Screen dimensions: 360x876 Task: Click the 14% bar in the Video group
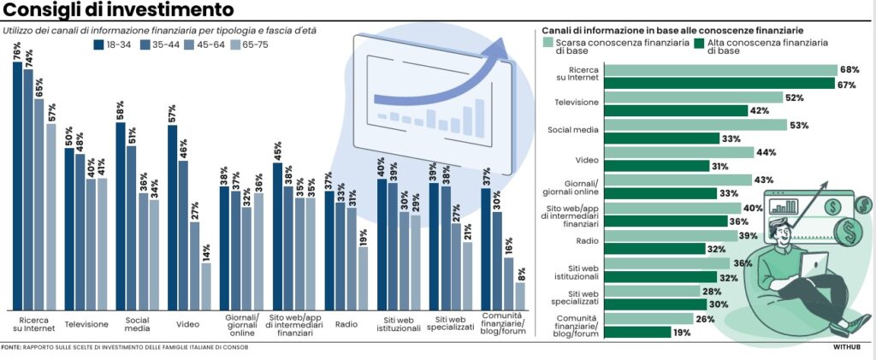[x=206, y=286]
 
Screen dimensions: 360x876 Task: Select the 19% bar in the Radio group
[x=363, y=278]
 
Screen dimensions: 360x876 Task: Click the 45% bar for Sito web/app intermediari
[x=278, y=236]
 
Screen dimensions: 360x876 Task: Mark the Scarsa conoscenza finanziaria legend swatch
[x=548, y=41]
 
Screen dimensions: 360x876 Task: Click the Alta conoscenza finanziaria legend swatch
[x=699, y=41]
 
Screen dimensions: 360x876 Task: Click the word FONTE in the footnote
[x=11, y=347]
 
